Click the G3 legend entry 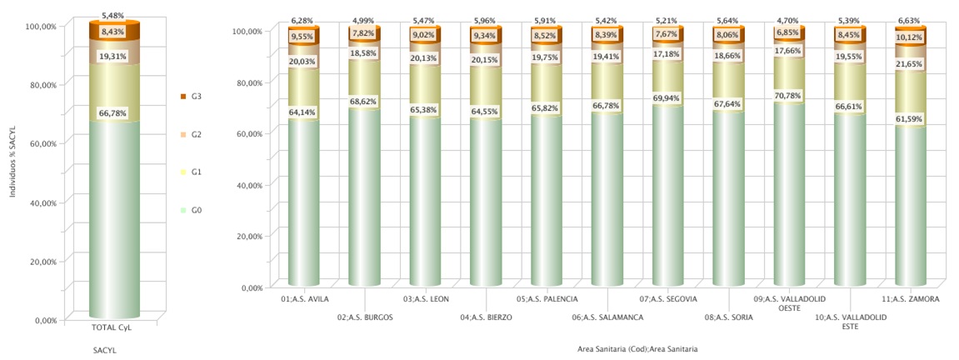point(197,97)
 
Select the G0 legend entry point(197,210)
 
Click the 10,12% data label point(909,37)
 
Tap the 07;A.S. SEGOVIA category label point(668,298)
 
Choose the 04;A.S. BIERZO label point(486,317)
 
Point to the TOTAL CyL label point(111,327)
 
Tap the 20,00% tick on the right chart point(250,237)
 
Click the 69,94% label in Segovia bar point(667,109)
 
